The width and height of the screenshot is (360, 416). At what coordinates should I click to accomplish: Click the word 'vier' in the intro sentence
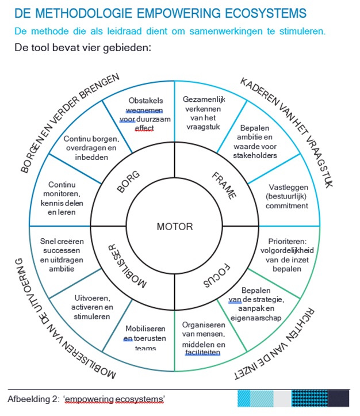tap(83, 47)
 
